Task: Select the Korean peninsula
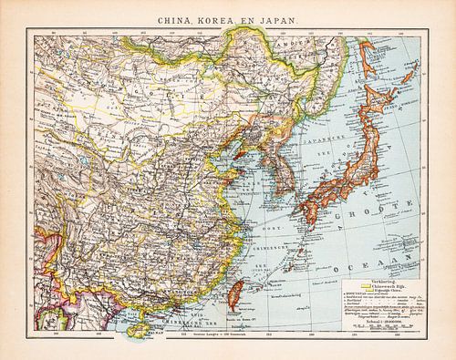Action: (264, 164)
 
